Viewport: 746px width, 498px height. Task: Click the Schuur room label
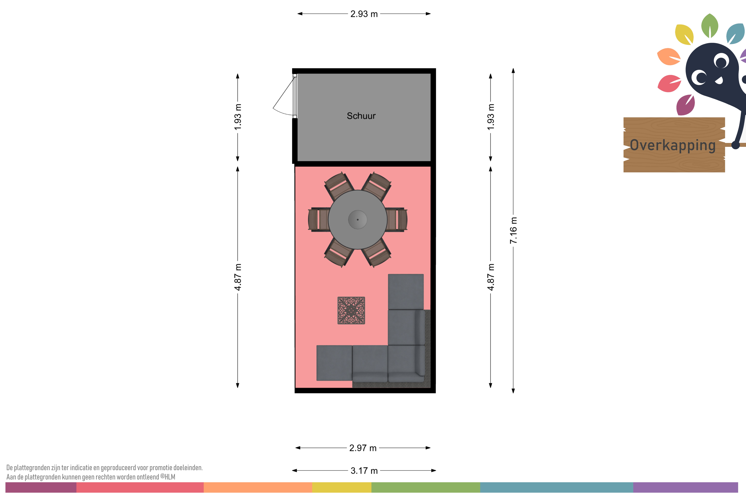361,116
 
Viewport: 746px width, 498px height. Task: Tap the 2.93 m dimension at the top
364,14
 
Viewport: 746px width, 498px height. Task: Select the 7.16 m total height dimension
513,231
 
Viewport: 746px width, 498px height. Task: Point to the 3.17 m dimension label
364,471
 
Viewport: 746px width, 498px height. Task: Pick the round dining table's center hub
358,219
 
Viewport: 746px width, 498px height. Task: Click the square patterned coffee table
351,310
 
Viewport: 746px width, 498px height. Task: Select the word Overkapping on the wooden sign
673,145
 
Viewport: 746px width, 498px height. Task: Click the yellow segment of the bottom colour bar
342,487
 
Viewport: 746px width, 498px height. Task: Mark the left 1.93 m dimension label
238,117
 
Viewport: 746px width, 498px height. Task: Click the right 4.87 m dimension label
491,277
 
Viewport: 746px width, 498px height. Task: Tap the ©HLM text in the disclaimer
168,477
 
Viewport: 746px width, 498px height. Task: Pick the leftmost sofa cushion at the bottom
334,363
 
